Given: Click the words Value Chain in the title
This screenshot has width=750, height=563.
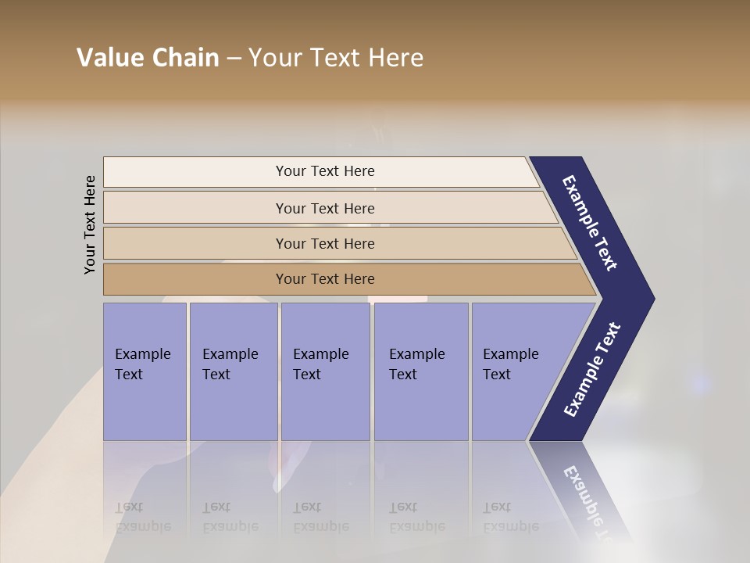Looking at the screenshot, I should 148,58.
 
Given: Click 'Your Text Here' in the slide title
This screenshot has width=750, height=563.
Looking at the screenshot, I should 336,58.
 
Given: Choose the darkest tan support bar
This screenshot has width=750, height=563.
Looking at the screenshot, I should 344,279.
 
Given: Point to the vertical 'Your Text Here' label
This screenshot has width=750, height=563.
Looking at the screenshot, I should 90,224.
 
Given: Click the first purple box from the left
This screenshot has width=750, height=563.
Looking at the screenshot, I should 145,371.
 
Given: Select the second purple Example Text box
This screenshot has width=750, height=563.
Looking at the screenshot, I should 234,371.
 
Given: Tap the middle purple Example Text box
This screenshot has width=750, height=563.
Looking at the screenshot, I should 325,371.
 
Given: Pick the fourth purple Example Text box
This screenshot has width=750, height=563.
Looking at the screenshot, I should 421,371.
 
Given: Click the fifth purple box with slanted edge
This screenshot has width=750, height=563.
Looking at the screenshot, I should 516,371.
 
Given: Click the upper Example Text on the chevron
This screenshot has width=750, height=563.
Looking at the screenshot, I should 590,223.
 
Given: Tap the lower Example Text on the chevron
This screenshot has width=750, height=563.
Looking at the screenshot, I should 592,370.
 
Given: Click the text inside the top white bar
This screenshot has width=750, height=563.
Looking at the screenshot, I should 325,171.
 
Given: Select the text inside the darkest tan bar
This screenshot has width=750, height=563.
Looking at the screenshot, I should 325,279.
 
